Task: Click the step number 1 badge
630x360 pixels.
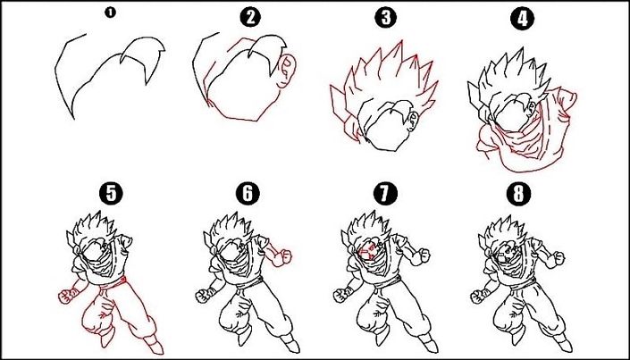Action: click(x=110, y=13)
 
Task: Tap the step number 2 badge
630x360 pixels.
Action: click(x=250, y=17)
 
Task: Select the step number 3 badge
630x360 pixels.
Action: click(x=385, y=17)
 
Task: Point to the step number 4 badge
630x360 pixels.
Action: click(x=520, y=17)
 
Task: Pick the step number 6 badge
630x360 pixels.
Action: click(x=248, y=193)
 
